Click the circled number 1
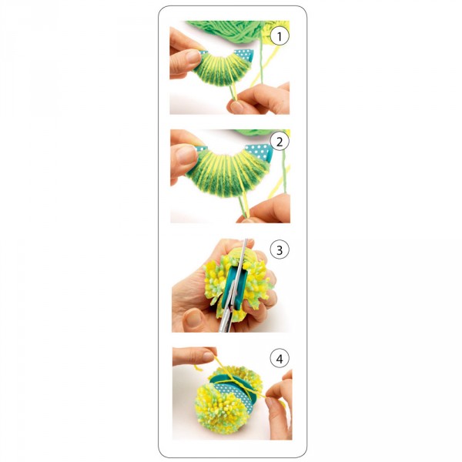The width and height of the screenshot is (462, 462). tap(280, 36)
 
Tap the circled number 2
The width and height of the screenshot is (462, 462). tap(280, 142)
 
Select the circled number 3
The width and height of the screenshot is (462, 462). tap(280, 250)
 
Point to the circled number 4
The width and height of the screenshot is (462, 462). tap(280, 359)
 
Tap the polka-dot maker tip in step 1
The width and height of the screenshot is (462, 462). tap(243, 55)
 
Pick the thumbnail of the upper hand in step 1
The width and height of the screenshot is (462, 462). tap(193, 56)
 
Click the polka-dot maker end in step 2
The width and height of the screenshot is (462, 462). tap(259, 152)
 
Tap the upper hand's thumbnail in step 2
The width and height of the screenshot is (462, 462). tap(185, 154)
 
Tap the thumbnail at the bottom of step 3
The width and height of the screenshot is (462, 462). tap(193, 318)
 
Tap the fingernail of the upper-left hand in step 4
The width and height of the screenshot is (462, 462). tap(208, 357)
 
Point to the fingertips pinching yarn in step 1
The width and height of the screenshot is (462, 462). tap(236, 104)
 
